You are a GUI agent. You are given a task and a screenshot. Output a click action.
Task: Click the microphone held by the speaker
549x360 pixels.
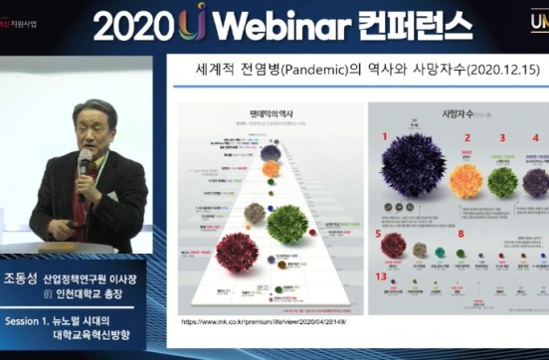coord(84,159)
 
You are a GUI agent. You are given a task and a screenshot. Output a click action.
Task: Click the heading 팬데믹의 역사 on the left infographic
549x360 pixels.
coord(266,114)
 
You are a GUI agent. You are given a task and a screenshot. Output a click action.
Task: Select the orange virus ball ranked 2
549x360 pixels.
coord(464,180)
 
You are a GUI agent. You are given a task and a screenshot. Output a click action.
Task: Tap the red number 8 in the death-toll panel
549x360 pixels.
coord(460,234)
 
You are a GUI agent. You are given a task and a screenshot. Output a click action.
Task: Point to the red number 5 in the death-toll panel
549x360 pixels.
coord(378,235)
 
